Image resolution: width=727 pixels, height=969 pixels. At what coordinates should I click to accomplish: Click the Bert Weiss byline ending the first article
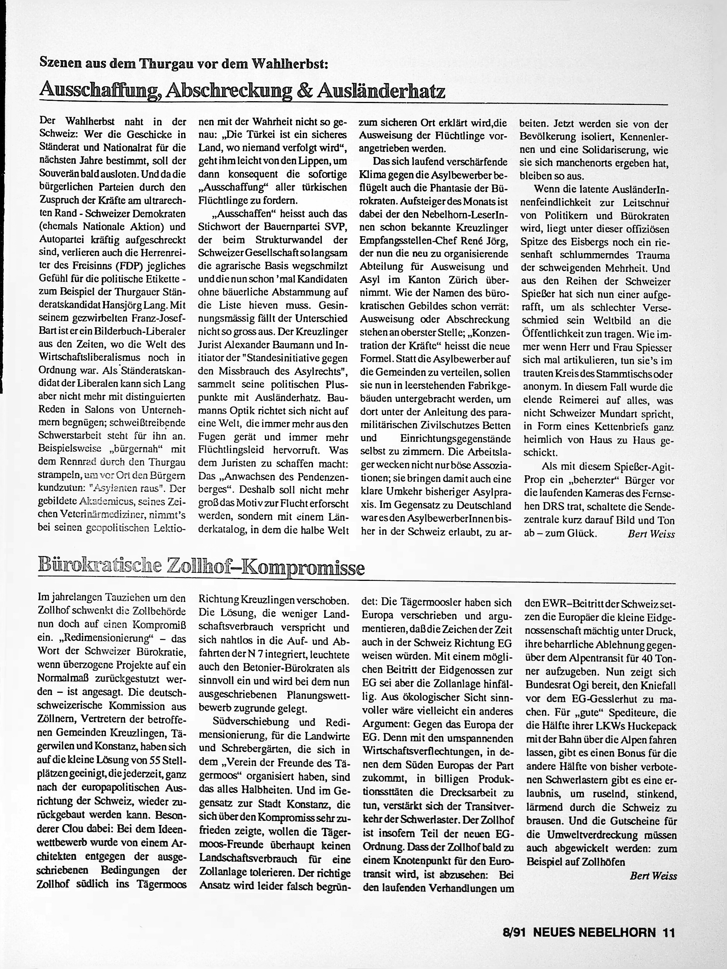[651, 534]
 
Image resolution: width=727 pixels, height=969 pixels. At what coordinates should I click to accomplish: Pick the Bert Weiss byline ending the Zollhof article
[653, 876]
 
